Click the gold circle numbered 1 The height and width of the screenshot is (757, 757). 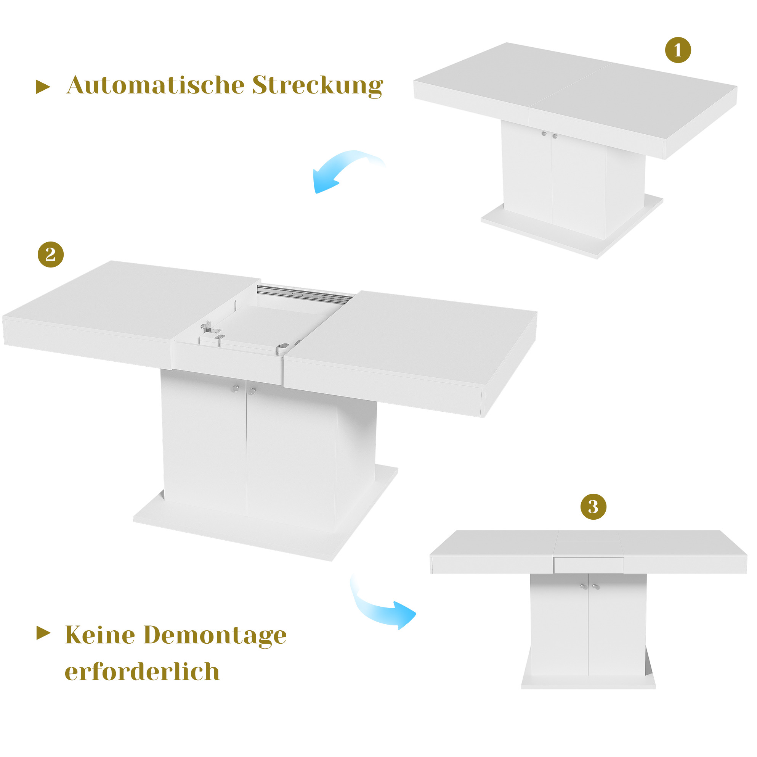(678, 50)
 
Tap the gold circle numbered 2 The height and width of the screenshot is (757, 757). (51, 254)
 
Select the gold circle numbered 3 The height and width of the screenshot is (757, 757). (593, 507)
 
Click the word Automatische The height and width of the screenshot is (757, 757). (155, 85)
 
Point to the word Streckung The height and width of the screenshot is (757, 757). (318, 85)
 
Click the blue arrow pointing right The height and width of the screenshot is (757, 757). (378, 610)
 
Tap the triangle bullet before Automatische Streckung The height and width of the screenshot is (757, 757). (43, 87)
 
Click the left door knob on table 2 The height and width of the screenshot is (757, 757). (235, 389)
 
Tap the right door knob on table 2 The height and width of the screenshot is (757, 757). (253, 391)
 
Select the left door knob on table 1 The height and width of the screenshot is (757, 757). (544, 134)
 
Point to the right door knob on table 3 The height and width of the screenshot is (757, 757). (596, 587)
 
